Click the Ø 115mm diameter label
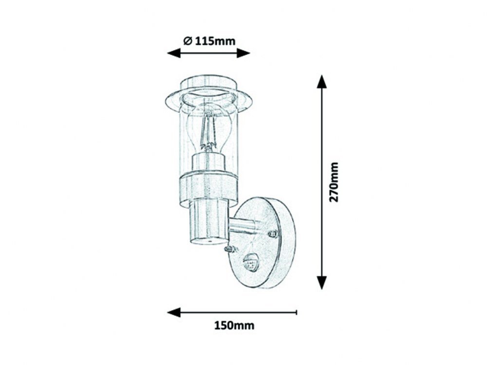coord(209,41)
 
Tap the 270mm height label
coord(334,182)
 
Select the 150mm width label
coord(234,326)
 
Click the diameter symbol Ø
coord(187,41)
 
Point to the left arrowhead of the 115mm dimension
coord(174,53)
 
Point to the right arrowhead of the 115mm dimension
coord(243,53)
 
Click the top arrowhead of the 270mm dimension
coord(322,82)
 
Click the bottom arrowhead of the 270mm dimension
coord(322,283)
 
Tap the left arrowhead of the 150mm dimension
coord(174,312)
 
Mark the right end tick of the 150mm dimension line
coord(297,312)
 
